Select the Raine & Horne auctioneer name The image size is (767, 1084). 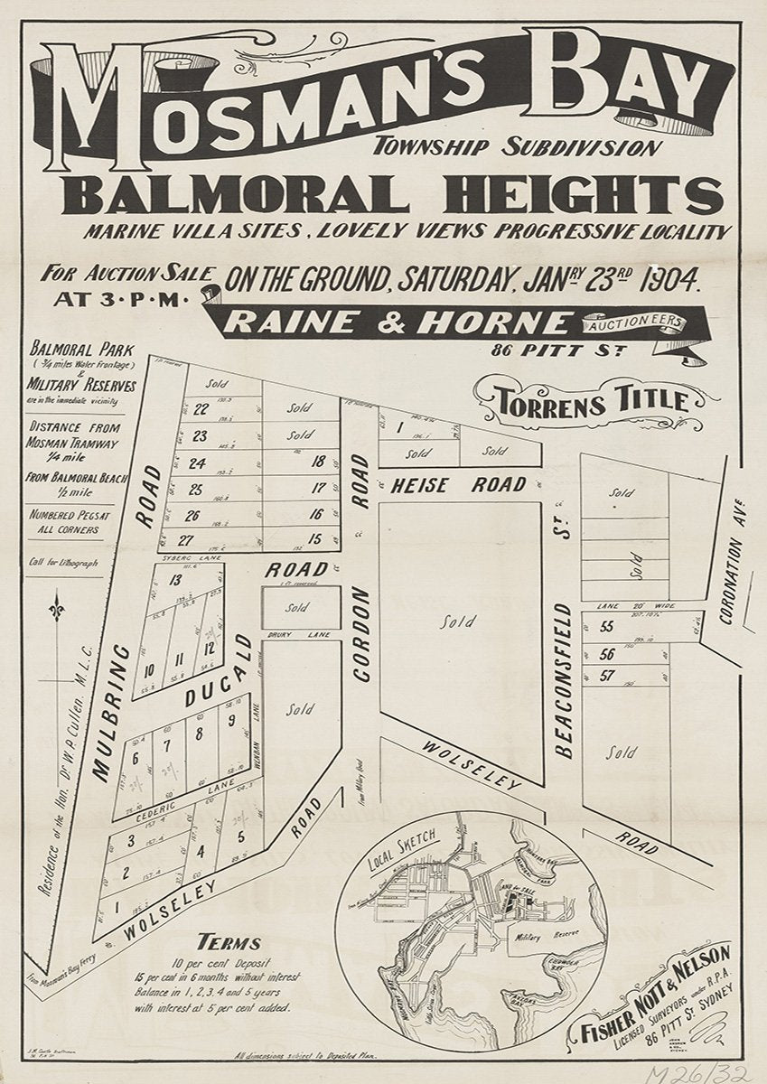pyautogui.click(x=398, y=322)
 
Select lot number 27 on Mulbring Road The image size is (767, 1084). pyautogui.click(x=185, y=540)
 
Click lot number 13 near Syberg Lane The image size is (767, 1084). pyautogui.click(x=175, y=580)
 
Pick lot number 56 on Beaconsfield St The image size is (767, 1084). pyautogui.click(x=607, y=654)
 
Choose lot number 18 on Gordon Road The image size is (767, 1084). pyautogui.click(x=316, y=462)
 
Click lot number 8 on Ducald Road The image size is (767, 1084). pyautogui.click(x=199, y=734)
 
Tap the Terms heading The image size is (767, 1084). pyautogui.click(x=229, y=943)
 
